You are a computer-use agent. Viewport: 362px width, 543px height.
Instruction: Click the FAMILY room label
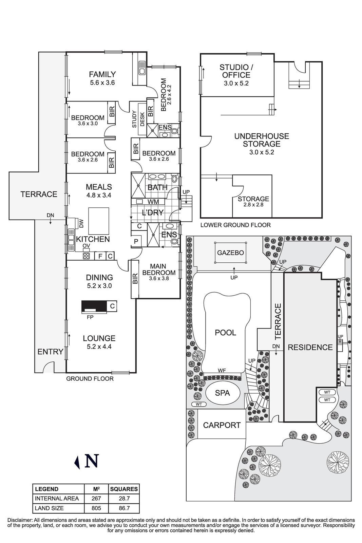[x=102, y=74]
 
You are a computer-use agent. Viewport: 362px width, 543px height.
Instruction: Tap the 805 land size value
[x=96, y=508]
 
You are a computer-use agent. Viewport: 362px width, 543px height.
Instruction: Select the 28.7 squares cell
[x=124, y=499]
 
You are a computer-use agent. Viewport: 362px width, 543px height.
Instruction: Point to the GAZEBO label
[x=231, y=253]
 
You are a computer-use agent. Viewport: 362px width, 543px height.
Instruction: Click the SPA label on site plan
[x=223, y=393]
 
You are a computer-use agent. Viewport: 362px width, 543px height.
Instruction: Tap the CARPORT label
[x=222, y=425]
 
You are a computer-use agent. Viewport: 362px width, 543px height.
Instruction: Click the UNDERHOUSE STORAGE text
[x=262, y=140]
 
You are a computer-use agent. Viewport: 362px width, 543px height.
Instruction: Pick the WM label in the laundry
[x=153, y=202]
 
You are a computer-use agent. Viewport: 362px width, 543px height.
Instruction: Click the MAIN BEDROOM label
[x=159, y=269]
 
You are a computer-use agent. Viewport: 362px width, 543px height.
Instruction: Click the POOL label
[x=226, y=333]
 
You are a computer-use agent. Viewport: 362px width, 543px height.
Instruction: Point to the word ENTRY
[x=50, y=352]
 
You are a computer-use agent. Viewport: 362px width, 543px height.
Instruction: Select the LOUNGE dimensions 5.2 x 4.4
[x=99, y=347]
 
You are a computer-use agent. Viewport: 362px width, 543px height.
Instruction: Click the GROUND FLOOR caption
[x=90, y=379]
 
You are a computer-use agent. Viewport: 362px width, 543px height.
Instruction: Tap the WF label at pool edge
[x=222, y=371]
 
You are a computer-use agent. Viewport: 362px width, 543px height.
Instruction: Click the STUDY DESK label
[x=138, y=119]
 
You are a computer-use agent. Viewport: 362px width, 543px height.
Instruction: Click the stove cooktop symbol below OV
[x=86, y=256]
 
